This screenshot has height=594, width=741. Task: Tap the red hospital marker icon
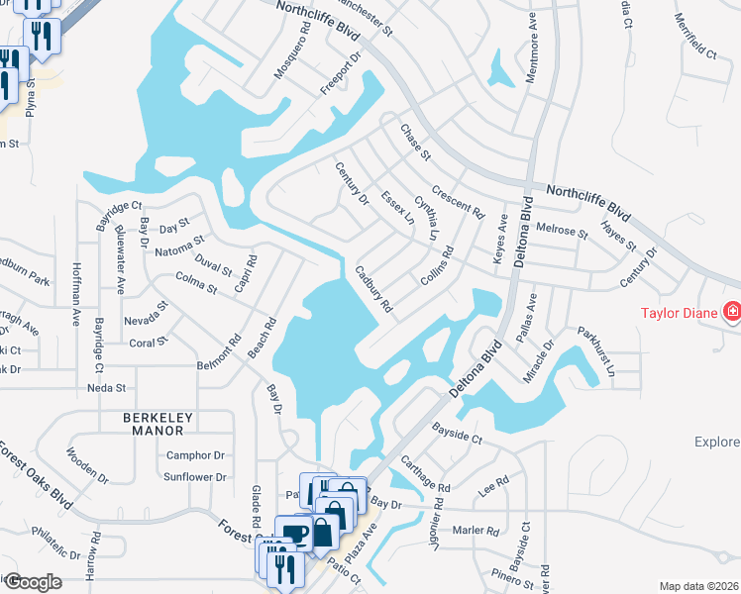click(x=732, y=313)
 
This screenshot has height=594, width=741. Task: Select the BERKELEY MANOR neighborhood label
click(x=154, y=424)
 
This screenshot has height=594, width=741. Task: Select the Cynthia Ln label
click(x=426, y=217)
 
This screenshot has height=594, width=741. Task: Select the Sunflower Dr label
click(x=194, y=476)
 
